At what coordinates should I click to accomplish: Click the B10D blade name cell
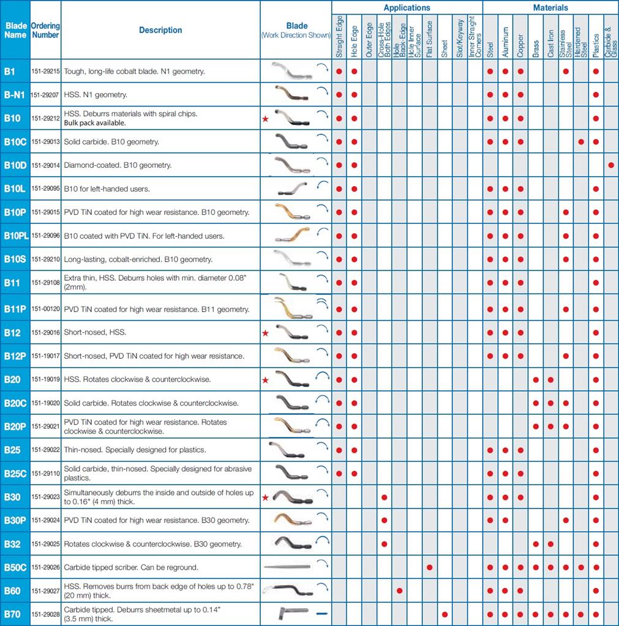click(15, 165)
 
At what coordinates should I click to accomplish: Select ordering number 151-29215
click(45, 72)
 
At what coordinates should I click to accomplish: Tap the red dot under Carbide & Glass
click(610, 165)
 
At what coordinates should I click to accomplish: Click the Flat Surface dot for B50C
click(430, 567)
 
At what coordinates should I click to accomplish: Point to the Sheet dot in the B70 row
click(445, 614)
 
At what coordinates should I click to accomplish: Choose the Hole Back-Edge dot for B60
click(399, 591)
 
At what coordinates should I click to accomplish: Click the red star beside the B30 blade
click(265, 497)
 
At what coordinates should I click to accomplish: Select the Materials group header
click(550, 8)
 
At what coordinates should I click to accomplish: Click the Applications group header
click(407, 8)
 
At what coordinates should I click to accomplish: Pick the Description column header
click(160, 30)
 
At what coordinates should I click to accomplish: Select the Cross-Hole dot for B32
click(384, 544)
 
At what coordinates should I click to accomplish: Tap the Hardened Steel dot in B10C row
click(580, 142)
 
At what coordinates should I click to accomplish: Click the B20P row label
click(15, 427)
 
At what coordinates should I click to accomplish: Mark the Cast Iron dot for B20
click(550, 380)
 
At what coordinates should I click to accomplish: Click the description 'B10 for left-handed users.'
click(107, 188)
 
